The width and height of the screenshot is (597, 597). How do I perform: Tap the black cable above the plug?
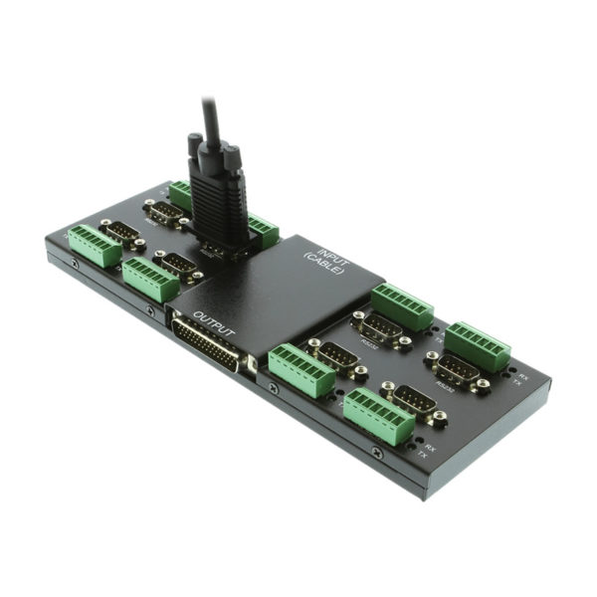211,118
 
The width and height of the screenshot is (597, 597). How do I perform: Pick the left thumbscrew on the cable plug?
195,145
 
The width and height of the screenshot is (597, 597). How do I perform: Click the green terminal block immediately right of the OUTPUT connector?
300,369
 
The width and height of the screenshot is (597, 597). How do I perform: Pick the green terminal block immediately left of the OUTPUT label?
150,280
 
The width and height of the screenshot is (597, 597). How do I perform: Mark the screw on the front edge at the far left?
75,264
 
